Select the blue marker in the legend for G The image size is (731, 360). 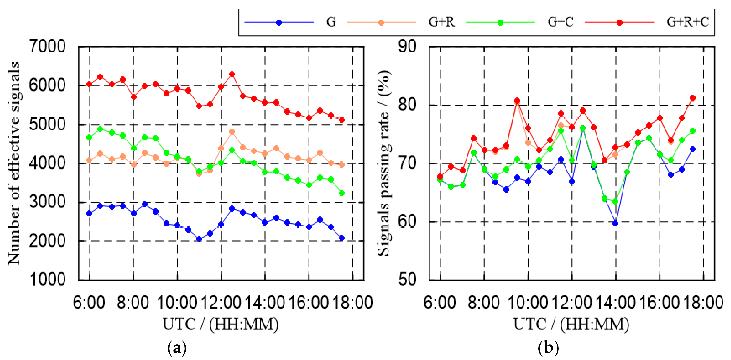pos(279,23)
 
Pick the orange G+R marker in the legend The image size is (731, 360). pos(381,23)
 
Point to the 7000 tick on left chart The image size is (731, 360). pos(47,46)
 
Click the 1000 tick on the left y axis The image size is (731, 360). pos(47,279)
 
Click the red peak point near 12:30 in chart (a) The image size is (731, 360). pos(232,74)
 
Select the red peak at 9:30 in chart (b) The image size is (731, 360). pos(517,101)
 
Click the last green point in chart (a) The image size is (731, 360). pos(342,193)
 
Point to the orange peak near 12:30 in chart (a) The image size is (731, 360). pos(232,132)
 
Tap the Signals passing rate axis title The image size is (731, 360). pos(384,163)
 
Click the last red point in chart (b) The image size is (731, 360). pos(692,98)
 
